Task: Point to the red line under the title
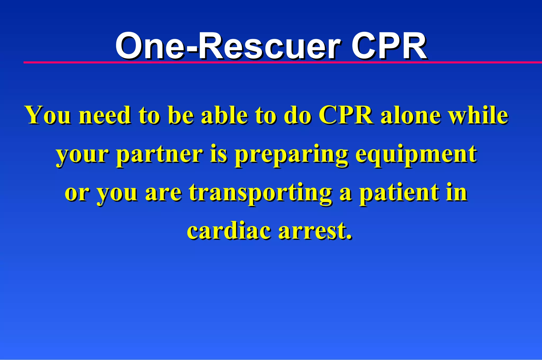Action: [283, 62]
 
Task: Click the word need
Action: [105, 115]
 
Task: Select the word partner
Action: [160, 155]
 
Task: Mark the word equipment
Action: [416, 155]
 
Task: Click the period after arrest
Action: [349, 237]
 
